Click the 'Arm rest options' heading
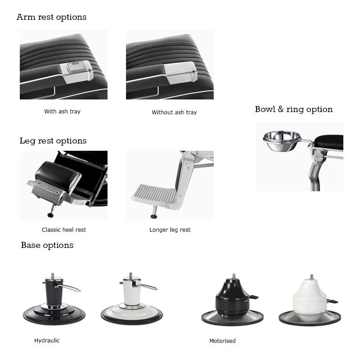51,17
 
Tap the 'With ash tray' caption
62,111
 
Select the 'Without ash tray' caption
174,112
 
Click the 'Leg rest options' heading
53,141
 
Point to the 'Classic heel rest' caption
64,230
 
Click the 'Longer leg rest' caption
170,230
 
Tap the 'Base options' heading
47,245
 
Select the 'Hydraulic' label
47,341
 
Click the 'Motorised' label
222,341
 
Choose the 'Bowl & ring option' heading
294,109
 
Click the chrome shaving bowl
282,140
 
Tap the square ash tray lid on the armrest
75,68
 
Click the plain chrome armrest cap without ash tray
181,72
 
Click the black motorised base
232,300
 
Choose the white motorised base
310,300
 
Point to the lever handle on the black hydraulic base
68,288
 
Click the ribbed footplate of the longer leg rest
154,194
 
